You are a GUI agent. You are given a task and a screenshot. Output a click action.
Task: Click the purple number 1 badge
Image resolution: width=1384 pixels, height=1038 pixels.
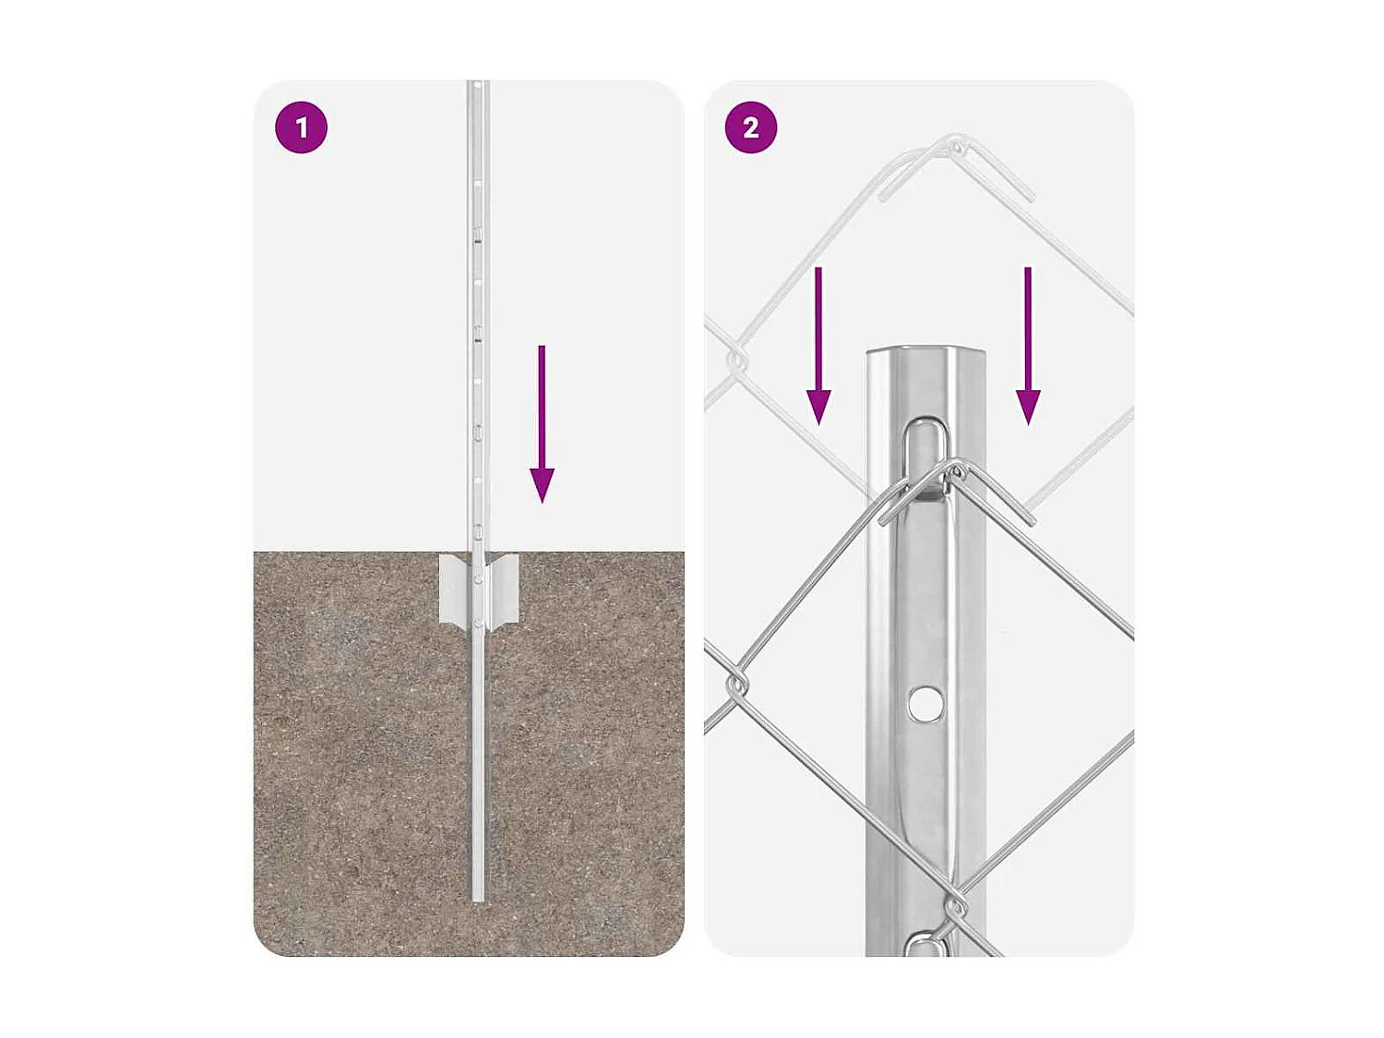coord(302,127)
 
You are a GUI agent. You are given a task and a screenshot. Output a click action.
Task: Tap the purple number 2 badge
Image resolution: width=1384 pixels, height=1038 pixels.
coord(751,127)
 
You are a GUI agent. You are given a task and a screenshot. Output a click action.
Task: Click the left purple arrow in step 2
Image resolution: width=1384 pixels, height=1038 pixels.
coord(818,346)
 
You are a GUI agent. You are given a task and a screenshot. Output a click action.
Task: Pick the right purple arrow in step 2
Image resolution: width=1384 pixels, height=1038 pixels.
coord(1028,346)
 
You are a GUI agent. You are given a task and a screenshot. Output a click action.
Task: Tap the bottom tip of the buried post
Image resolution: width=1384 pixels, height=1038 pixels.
coord(478,897)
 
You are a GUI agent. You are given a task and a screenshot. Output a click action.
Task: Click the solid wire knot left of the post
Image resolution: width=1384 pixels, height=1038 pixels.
coord(737,685)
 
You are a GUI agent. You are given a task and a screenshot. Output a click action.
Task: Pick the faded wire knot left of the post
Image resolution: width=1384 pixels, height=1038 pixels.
coord(737,361)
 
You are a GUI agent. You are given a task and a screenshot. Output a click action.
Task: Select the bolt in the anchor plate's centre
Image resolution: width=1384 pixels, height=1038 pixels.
coord(478,579)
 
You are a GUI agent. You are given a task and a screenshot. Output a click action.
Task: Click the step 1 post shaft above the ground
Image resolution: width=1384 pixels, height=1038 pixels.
coord(478,323)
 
